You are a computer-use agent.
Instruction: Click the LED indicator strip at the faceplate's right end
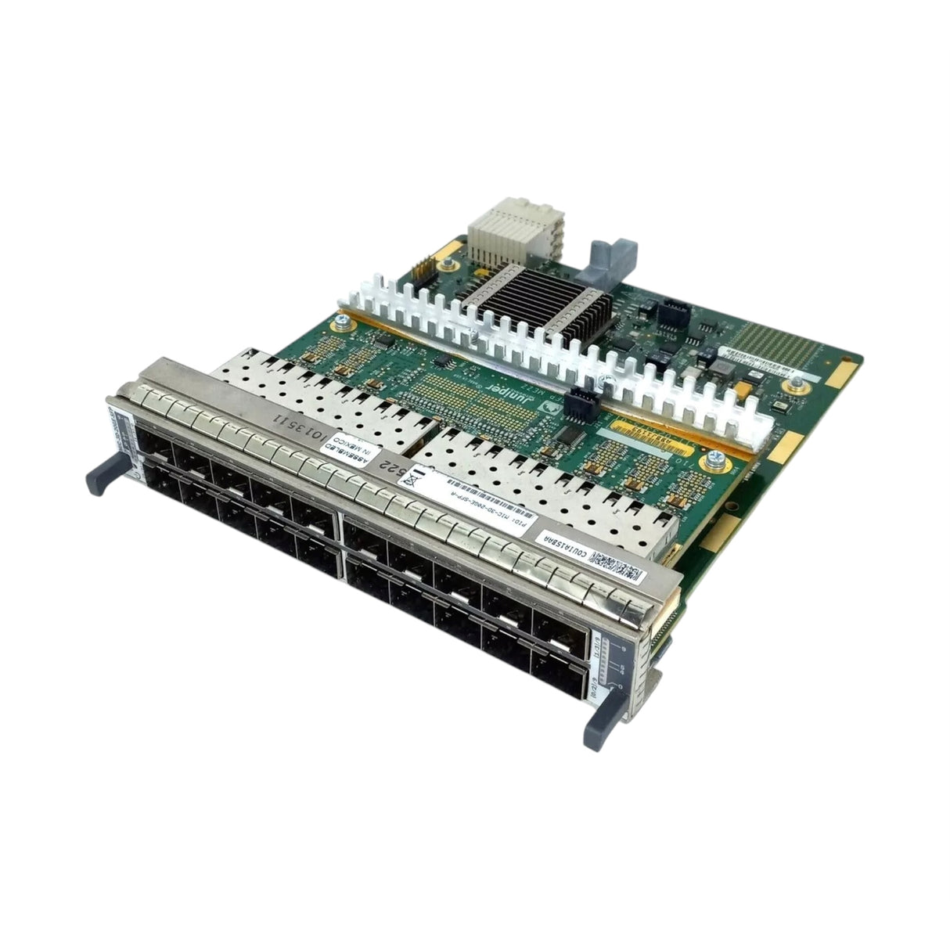pos(618,665)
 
